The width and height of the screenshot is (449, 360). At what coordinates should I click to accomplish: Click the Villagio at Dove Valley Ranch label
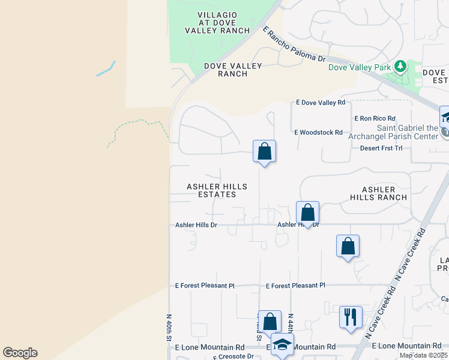click(217, 22)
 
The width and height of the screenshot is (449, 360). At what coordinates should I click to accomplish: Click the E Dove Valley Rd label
click(321, 103)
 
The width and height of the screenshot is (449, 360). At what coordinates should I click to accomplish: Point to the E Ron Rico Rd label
click(375, 119)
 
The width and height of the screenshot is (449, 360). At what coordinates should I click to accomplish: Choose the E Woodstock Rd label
click(318, 132)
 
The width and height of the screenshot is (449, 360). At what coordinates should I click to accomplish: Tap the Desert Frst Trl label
click(381, 148)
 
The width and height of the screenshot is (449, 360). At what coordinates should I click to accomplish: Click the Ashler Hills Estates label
click(217, 190)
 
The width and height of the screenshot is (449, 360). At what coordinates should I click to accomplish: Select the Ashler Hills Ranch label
click(379, 193)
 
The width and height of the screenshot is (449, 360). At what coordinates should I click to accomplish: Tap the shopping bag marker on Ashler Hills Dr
click(307, 212)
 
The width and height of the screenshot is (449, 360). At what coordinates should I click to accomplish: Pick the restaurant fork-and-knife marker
click(351, 317)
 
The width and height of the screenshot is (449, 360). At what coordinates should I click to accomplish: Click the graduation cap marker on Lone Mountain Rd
click(282, 345)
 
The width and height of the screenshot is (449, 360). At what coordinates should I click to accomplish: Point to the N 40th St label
click(169, 327)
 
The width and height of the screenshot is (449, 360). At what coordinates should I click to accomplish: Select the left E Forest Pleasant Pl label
click(205, 286)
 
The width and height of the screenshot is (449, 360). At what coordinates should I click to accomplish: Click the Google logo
click(20, 353)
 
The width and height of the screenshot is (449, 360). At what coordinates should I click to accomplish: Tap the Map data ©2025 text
click(423, 355)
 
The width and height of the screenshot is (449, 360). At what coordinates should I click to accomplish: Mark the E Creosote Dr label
click(234, 356)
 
